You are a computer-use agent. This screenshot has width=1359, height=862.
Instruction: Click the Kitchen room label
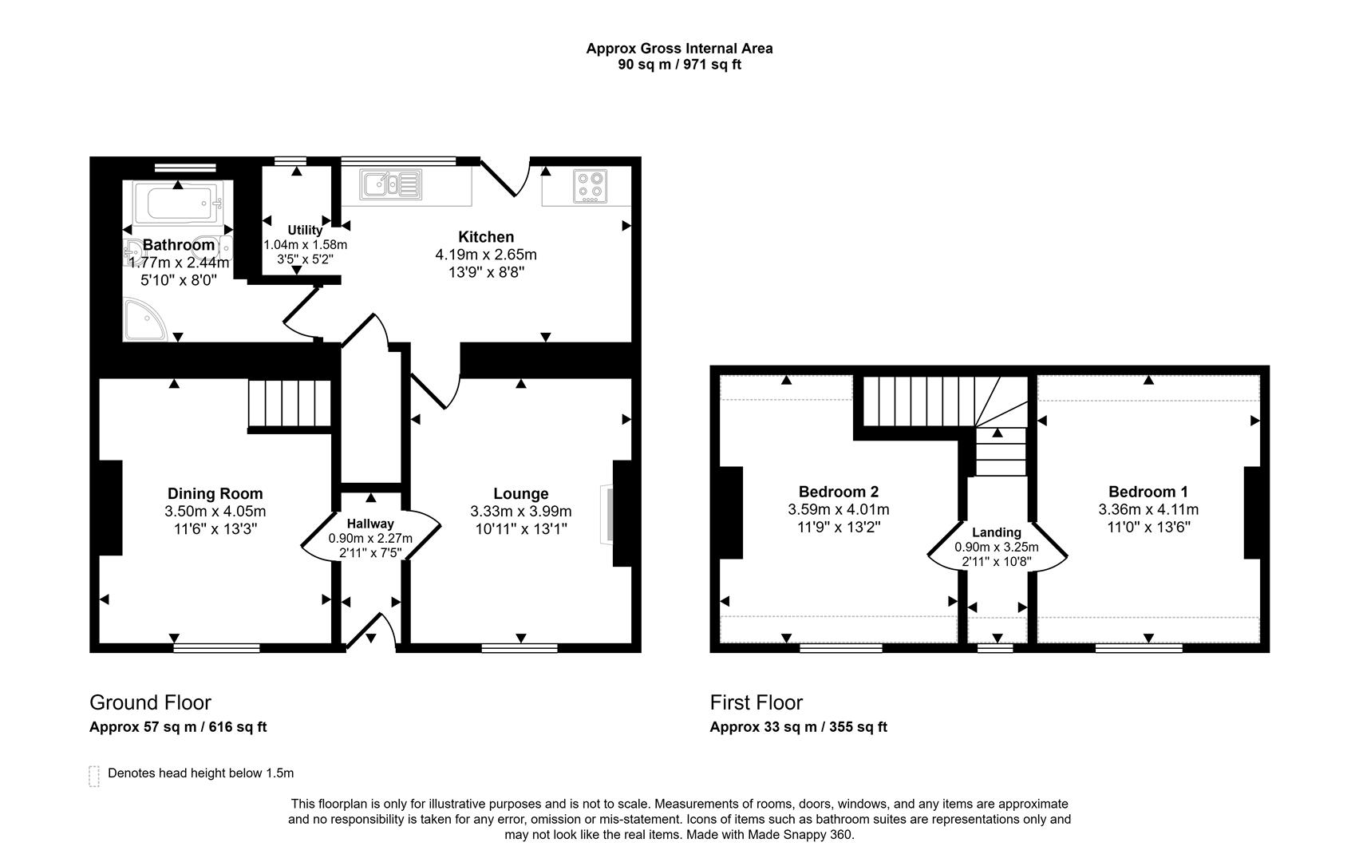click(485, 237)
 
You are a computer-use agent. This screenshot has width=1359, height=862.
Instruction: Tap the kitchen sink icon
click(390, 185)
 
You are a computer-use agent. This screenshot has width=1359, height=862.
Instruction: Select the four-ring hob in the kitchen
click(590, 187)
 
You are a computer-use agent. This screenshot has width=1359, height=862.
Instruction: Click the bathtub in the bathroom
click(177, 204)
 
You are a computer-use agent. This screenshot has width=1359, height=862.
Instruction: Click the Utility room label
click(305, 231)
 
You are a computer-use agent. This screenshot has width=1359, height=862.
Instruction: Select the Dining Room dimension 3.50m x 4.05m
click(215, 512)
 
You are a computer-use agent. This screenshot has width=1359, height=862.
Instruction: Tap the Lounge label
click(520, 494)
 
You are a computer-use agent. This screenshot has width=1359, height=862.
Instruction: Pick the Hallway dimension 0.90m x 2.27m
click(370, 539)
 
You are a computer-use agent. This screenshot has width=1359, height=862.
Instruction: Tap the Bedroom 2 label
click(838, 492)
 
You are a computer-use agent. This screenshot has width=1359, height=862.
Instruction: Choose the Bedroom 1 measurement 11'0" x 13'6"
click(1148, 527)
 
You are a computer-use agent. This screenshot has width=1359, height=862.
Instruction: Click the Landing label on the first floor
click(996, 532)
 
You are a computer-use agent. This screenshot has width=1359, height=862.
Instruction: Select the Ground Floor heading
click(150, 702)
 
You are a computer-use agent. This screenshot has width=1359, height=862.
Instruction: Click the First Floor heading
click(756, 702)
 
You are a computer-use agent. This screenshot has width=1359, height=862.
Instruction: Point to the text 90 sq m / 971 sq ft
click(679, 65)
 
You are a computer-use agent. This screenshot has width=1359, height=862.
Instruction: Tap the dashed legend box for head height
click(94, 776)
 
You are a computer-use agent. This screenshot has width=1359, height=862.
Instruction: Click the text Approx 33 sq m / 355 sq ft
click(798, 727)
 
